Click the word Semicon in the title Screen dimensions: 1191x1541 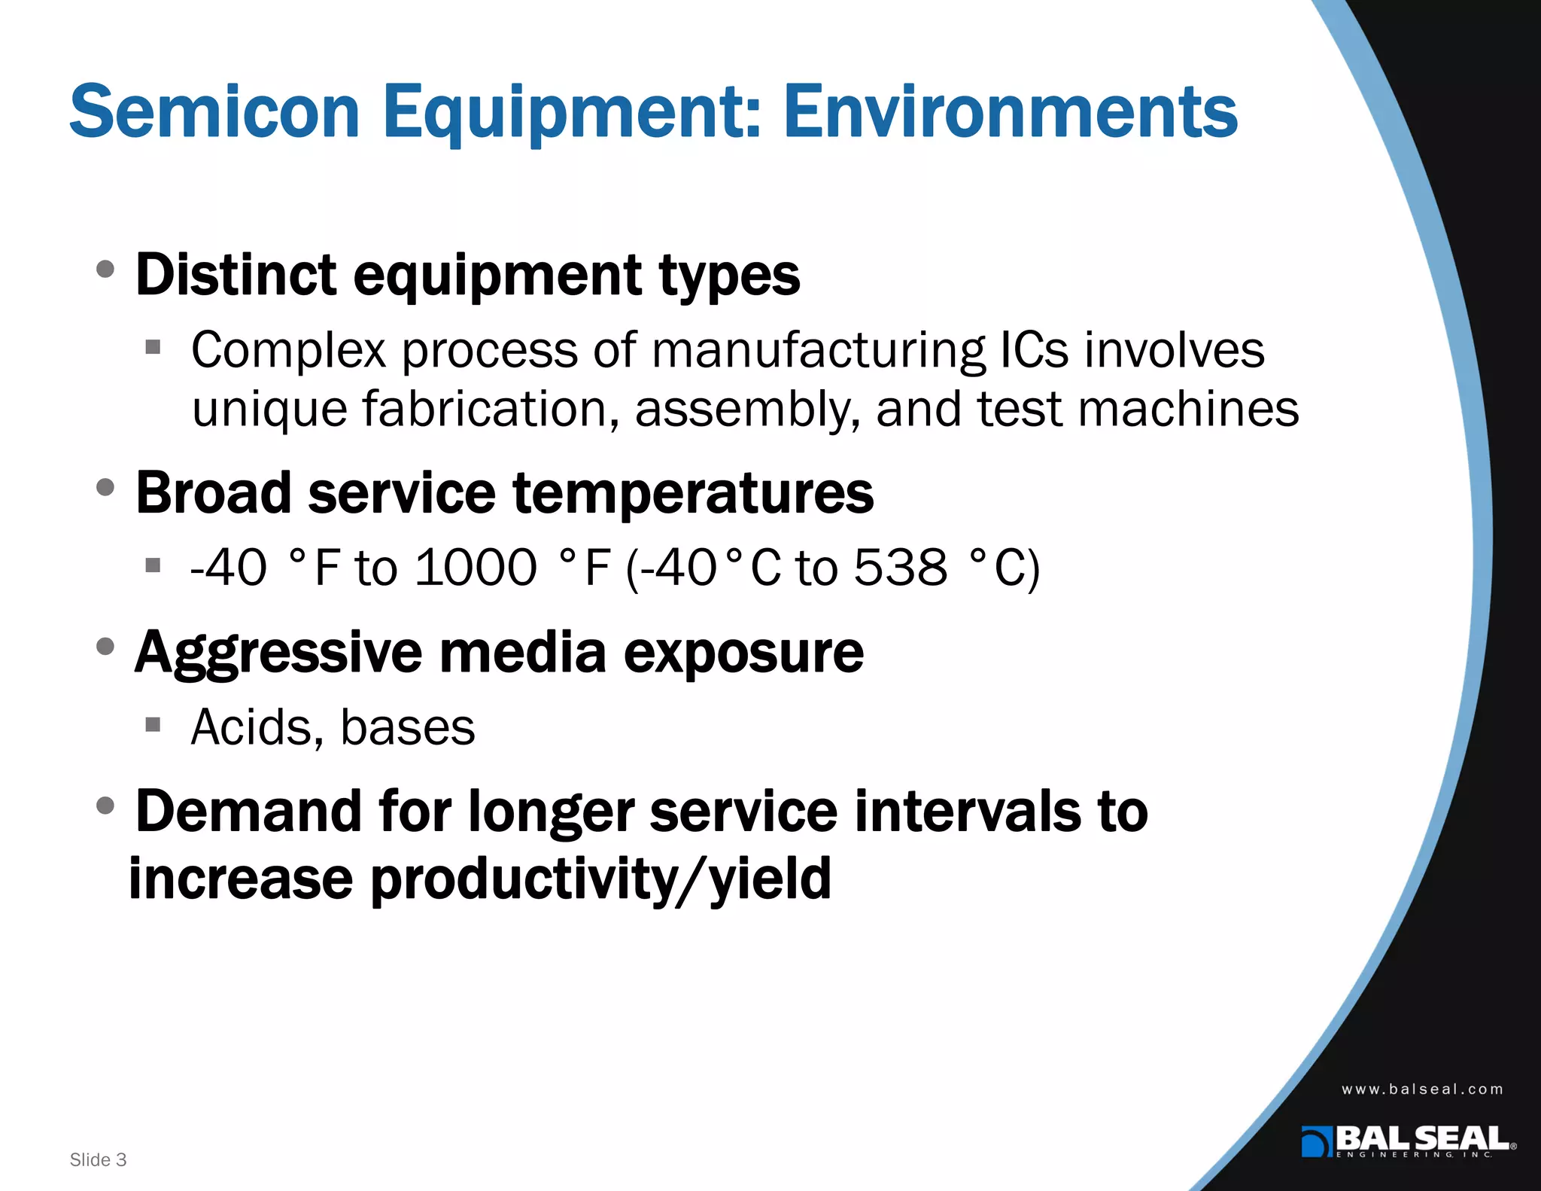tap(214, 113)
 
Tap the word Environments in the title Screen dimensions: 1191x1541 tap(1010, 113)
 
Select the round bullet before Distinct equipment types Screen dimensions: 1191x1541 tap(106, 269)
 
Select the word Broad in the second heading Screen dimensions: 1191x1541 tap(213, 493)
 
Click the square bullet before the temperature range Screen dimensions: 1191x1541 tap(153, 565)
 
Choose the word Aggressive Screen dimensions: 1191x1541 tap(278, 653)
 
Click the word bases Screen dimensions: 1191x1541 tap(407, 727)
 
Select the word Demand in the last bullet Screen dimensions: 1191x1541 tap(248, 812)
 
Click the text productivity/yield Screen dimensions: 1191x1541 tap(600, 879)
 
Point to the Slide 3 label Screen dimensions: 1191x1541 tap(98, 1159)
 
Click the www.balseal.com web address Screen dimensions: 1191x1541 tap(1421, 1089)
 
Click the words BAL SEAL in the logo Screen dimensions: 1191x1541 tap(1422, 1138)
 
